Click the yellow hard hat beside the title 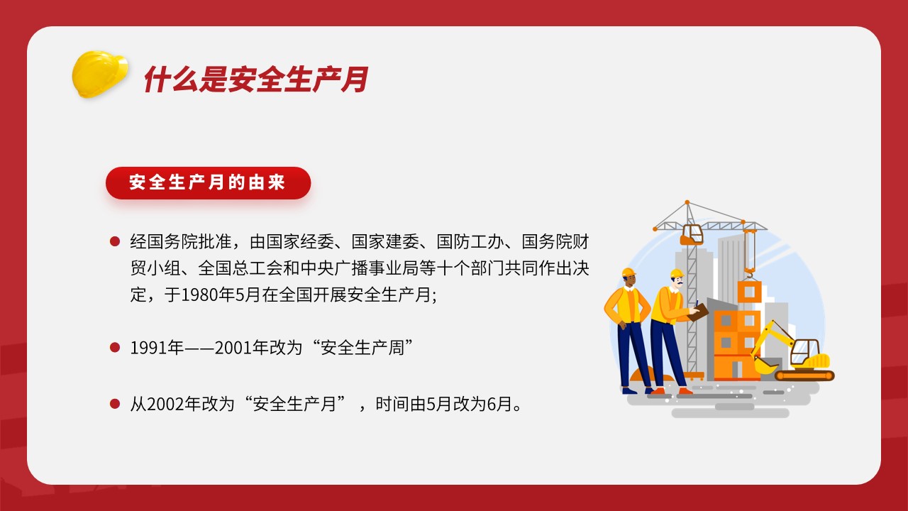pos(100,74)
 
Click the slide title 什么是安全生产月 pos(256,79)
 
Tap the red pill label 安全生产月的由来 pos(208,183)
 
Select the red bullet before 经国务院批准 pos(115,242)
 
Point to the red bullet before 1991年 pos(115,348)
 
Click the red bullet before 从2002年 pos(115,404)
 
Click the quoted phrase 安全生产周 pos(362,348)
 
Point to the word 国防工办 pos(470,242)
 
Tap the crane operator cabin pos(692,234)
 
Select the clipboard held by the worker pos(699,312)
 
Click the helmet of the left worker pos(629,273)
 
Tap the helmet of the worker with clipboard pos(677,273)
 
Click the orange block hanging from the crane pos(749,292)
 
